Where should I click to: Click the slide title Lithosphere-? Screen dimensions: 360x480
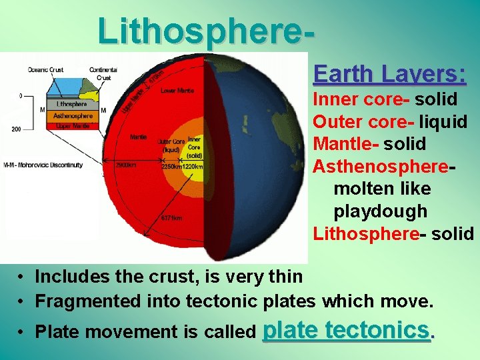point(207,30)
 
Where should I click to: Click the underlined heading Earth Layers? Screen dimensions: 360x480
point(389,73)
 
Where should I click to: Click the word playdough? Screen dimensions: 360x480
point(380,211)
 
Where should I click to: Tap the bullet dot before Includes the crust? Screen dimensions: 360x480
point(22,277)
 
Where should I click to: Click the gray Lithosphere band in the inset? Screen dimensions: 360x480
point(71,105)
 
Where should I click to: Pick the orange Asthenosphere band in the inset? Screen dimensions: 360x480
point(72,116)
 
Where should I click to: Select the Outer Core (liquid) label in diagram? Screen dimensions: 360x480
point(171,145)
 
